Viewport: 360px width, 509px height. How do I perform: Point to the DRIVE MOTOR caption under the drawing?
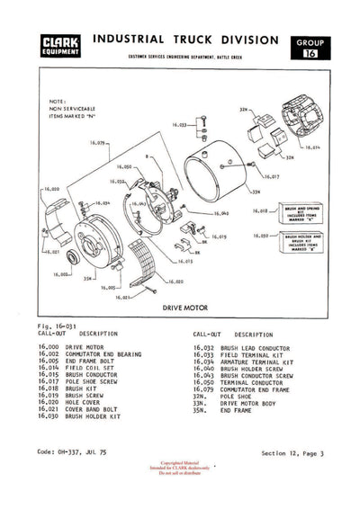(x=186, y=308)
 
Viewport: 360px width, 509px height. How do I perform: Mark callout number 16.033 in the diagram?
(x=177, y=124)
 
